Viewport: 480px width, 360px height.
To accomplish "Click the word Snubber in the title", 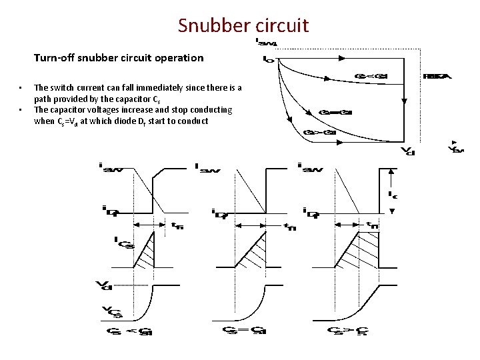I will [x=213, y=25].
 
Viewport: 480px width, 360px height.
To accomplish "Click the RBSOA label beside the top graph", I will [x=437, y=76].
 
